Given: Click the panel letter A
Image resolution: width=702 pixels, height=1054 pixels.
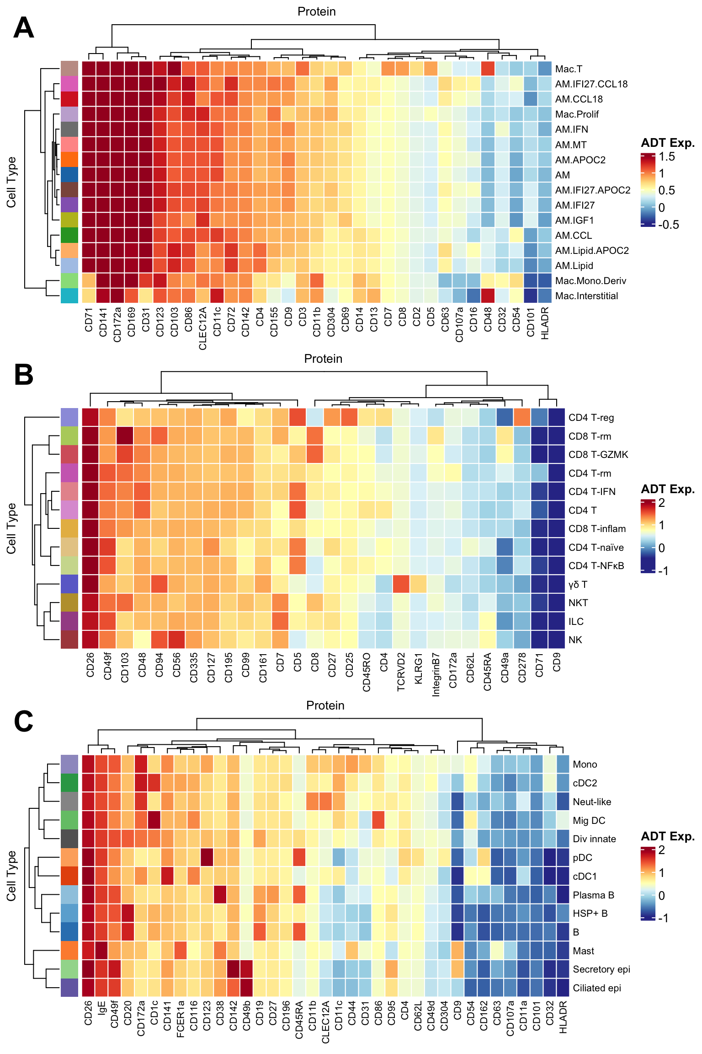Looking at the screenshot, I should [24, 28].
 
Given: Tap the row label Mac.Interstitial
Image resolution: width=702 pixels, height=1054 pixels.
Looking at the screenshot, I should [586, 296].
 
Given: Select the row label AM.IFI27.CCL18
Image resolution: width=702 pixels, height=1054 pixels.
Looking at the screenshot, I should [591, 84].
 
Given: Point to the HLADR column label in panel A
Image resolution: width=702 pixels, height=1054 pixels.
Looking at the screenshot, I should [545, 323].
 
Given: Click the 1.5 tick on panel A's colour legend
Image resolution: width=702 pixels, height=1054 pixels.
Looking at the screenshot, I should [667, 157].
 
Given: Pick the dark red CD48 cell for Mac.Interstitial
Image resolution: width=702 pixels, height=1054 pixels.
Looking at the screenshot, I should [488, 296].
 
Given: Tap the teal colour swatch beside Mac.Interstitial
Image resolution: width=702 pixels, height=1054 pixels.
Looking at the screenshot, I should [69, 296].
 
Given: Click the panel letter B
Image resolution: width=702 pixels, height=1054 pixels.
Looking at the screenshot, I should [24, 375].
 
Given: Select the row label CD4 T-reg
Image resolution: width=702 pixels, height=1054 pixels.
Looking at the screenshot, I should [591, 418].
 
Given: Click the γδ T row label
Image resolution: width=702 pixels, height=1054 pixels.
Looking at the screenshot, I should [578, 585].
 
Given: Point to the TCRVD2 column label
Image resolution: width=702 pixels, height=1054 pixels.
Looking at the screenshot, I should [401, 672].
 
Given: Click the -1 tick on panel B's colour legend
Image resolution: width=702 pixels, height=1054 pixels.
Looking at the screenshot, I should [663, 571].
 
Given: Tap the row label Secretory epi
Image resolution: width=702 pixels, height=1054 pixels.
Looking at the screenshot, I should [601, 969].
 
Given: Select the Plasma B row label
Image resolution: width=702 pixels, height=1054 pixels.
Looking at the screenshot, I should [593, 895].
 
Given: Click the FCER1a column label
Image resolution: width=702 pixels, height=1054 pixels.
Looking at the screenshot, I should [181, 1018].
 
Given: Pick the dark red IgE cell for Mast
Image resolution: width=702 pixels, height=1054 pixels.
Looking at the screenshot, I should [102, 951].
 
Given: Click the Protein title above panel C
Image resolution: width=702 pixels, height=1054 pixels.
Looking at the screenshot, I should [325, 705].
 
